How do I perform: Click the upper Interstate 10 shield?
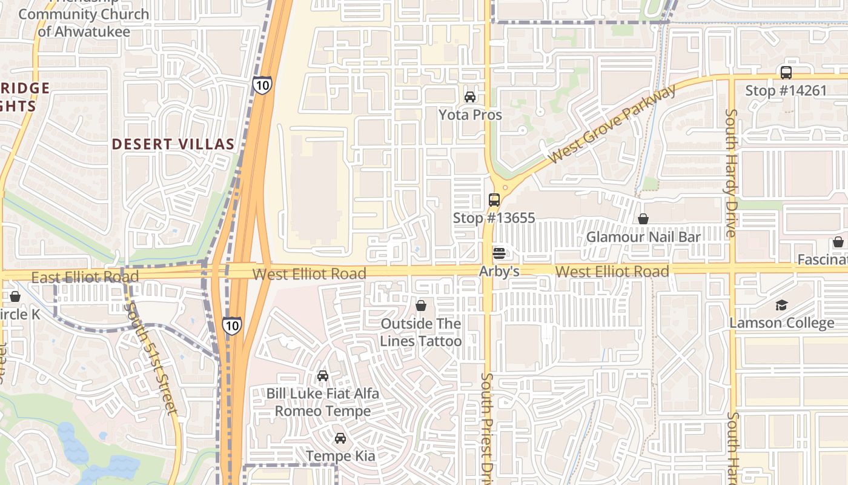pyautogui.click(x=262, y=85)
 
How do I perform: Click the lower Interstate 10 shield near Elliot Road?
pyautogui.click(x=232, y=326)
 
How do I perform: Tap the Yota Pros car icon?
pyautogui.click(x=470, y=96)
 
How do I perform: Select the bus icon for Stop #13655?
pyautogui.click(x=494, y=199)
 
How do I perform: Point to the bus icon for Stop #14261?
pyautogui.click(x=786, y=73)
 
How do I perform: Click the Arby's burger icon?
pyautogui.click(x=499, y=253)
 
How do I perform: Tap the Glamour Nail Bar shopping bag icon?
pyautogui.click(x=643, y=218)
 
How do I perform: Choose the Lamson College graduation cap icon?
pyautogui.click(x=782, y=305)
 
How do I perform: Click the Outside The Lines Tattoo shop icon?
pyautogui.click(x=421, y=305)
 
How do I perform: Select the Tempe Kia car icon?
pyautogui.click(x=340, y=438)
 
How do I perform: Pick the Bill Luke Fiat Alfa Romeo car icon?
pyautogui.click(x=323, y=375)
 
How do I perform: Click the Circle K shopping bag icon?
pyautogui.click(x=15, y=296)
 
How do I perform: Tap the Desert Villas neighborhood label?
pyautogui.click(x=173, y=144)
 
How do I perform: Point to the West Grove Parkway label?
pyautogui.click(x=612, y=125)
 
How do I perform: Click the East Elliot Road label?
pyautogui.click(x=85, y=278)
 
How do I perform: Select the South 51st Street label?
pyautogui.click(x=151, y=358)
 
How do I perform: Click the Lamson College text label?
pyautogui.click(x=781, y=323)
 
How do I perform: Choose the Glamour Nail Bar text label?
pyautogui.click(x=643, y=237)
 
